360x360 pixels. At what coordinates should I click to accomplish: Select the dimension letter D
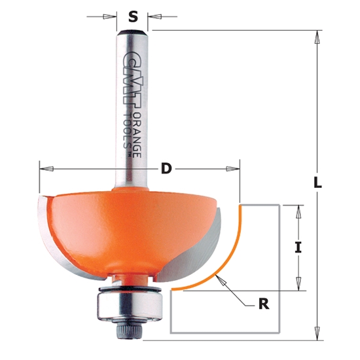click(166, 169)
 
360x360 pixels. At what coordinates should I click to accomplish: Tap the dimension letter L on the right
click(318, 184)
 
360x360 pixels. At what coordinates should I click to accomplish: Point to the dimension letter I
click(298, 247)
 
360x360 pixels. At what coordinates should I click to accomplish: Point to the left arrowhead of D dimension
click(45, 169)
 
